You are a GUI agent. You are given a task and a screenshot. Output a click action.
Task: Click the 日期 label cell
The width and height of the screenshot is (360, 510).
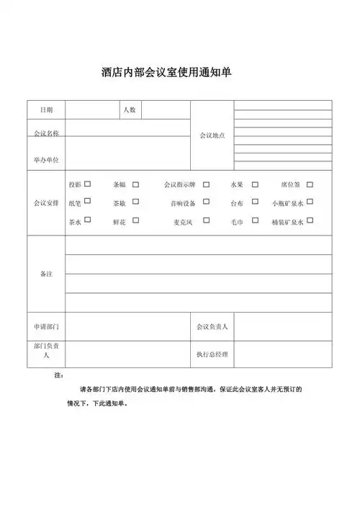(46, 109)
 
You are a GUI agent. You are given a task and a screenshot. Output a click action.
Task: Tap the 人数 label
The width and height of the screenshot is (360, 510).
(130, 109)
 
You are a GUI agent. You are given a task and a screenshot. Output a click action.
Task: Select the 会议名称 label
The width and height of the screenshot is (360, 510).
(46, 134)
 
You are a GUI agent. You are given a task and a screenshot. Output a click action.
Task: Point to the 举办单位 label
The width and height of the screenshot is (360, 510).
(46, 159)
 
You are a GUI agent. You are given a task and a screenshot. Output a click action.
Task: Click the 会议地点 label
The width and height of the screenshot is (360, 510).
(212, 135)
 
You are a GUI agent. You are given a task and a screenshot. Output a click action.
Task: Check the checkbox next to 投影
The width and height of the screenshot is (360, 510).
(88, 184)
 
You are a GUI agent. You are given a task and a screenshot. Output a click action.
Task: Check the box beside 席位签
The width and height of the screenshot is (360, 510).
(310, 184)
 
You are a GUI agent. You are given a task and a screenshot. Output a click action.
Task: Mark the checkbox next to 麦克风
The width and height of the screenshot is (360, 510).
(206, 220)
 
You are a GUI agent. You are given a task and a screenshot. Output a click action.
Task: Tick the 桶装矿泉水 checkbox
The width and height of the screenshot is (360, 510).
(310, 220)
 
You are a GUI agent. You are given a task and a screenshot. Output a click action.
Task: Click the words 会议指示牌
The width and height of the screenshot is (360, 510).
(179, 185)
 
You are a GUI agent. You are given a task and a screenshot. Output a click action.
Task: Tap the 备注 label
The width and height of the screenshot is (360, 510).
(46, 274)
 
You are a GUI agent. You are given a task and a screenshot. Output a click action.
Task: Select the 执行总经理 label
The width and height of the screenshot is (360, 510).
(212, 354)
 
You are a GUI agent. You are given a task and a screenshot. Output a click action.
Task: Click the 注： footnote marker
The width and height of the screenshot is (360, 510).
(59, 376)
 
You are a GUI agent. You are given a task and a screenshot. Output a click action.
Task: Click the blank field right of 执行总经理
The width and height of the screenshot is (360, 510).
(283, 354)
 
